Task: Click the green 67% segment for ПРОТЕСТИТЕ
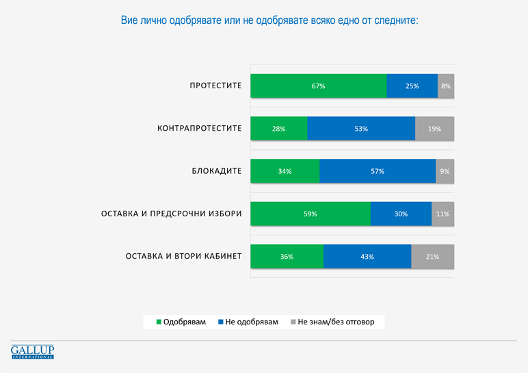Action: pyautogui.click(x=318, y=86)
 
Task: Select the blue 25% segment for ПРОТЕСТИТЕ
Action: pyautogui.click(x=412, y=86)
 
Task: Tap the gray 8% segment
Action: pyautogui.click(x=446, y=86)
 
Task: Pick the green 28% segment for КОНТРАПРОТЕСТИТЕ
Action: pyautogui.click(x=278, y=129)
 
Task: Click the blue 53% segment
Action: pyautogui.click(x=361, y=129)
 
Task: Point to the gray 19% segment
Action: pyautogui.click(x=434, y=129)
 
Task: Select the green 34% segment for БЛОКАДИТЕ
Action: pyautogui.click(x=285, y=171)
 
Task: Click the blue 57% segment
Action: pyautogui.click(x=377, y=171)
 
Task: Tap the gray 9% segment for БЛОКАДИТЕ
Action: pyautogui.click(x=445, y=171)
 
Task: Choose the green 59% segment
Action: pyautogui.click(x=310, y=214)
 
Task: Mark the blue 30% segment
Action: pyautogui.click(x=401, y=214)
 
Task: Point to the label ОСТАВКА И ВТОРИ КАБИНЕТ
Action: pyautogui.click(x=183, y=257)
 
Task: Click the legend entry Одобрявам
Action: pyautogui.click(x=181, y=322)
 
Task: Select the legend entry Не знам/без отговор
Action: pyautogui.click(x=332, y=322)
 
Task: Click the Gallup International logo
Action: pyautogui.click(x=32, y=352)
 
